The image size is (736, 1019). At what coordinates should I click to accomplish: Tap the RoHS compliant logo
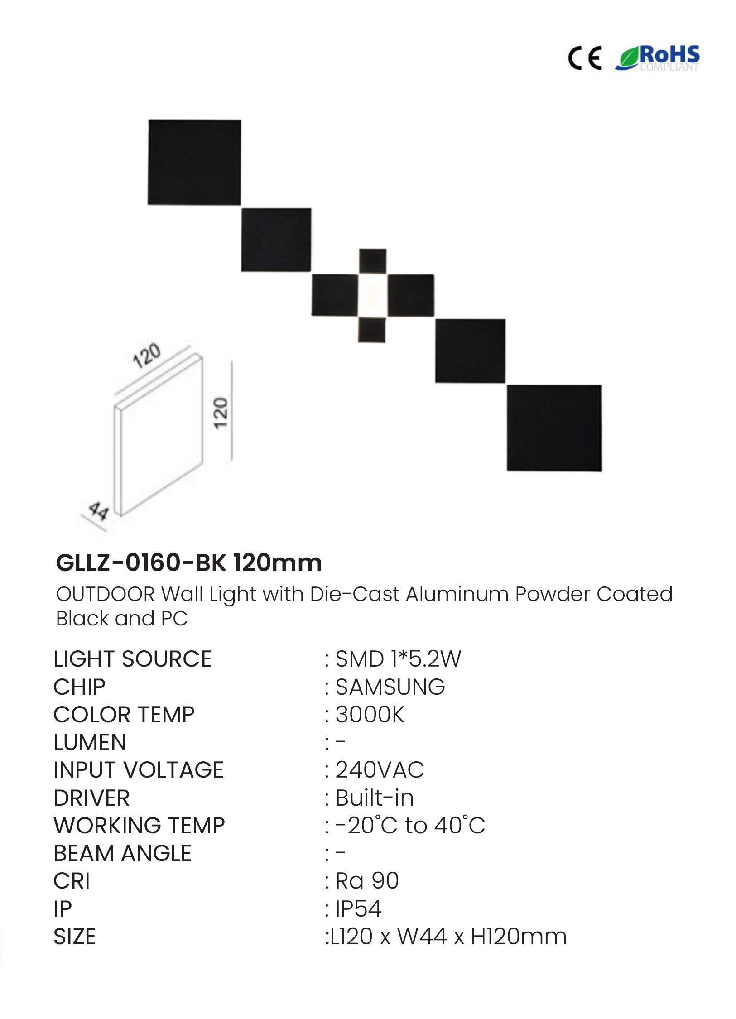coord(657,58)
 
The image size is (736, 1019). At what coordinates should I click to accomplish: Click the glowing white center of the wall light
coord(372,295)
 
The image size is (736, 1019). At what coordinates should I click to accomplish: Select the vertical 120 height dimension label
coord(221,413)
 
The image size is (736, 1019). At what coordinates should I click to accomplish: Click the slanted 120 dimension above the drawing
coord(146,356)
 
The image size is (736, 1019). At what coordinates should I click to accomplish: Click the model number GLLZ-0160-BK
coord(141,563)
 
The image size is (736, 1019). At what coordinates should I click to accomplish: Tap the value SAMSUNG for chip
coord(390,687)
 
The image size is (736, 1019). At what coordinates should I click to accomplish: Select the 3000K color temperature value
coord(370,715)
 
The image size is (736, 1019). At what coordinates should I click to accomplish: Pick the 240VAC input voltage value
coord(380,770)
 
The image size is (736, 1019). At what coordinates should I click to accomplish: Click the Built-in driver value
coord(375,798)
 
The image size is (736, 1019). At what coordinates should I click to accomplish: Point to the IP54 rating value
coord(358,909)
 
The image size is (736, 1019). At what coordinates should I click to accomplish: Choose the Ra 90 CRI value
coord(367,881)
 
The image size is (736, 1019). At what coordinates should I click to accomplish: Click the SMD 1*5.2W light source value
coord(398,659)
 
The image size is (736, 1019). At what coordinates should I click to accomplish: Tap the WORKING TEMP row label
coord(139,826)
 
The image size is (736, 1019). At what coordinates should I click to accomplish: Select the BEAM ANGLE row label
coord(122,854)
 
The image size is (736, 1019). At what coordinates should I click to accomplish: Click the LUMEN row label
coord(90,743)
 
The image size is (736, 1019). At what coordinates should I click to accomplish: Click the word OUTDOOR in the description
coord(105,594)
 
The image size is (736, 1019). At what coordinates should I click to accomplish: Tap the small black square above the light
coord(373,261)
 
